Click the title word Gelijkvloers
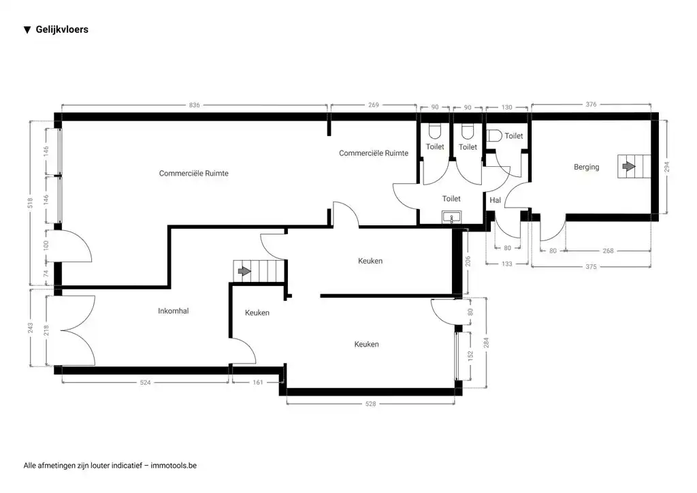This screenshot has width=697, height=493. coord(62,30)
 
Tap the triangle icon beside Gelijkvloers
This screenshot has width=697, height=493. coord(27,30)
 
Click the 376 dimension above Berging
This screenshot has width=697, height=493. coord(591,105)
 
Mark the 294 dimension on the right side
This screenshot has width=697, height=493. coord(666,167)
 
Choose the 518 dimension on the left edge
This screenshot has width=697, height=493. coord(31,203)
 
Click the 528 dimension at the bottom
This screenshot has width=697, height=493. coord(370,404)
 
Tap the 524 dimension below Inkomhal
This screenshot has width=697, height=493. coord(144,383)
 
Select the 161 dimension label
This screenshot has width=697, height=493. coord(257,383)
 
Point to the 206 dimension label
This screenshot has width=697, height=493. coord(467,260)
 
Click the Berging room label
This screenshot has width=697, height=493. coord(586,167)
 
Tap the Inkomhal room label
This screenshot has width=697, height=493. coord(173,311)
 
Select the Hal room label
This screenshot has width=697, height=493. coord(495,200)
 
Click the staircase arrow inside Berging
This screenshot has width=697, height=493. coord(628,166)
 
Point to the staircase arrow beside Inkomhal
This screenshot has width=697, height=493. coord(244,271)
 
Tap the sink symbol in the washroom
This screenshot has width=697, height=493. coord(451,217)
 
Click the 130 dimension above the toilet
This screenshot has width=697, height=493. coord(507,107)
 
